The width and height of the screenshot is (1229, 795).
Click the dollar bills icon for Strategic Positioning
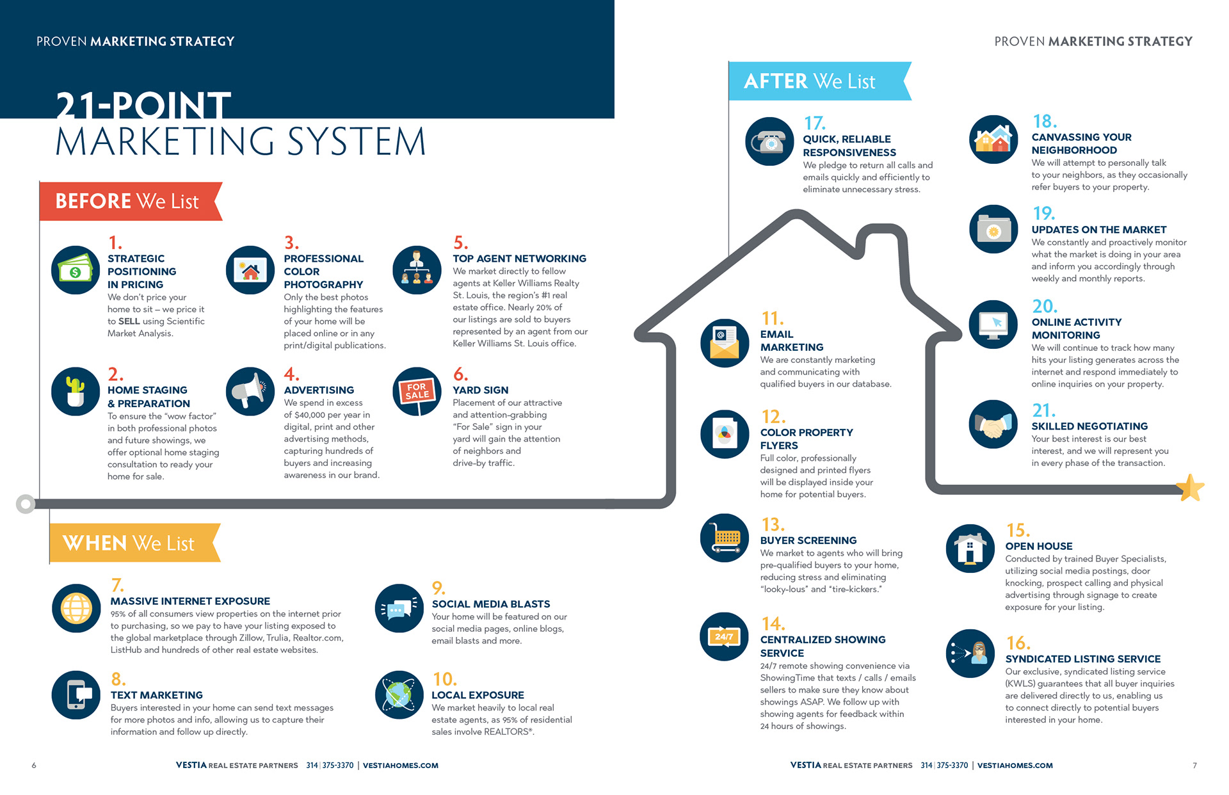coord(76,270)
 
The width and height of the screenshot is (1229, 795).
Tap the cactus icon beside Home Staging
coord(76,391)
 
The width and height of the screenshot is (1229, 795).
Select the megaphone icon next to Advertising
coord(250,391)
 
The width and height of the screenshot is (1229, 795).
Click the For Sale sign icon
coord(417,391)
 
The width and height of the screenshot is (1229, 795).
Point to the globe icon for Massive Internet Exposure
coord(76,608)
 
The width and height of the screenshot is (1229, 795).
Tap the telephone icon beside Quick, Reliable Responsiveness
coord(769,141)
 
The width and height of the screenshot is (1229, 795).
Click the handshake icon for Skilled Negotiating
coord(993,424)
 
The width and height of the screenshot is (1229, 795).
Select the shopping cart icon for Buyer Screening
coord(725,538)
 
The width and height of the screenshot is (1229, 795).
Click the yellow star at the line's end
coord(1191,488)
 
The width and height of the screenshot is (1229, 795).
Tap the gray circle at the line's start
coord(26,504)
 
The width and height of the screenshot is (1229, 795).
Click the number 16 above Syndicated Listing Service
coord(1018,643)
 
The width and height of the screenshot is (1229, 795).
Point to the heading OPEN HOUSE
coord(1038,546)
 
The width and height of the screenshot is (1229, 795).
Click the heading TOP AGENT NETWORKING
coord(519,259)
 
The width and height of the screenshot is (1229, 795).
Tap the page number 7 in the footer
coord(1194,766)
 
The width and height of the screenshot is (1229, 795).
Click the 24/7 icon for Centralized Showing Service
coord(724,636)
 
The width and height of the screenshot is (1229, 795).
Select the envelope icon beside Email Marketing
coord(725,343)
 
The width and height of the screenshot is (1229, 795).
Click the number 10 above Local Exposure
coord(444,679)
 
